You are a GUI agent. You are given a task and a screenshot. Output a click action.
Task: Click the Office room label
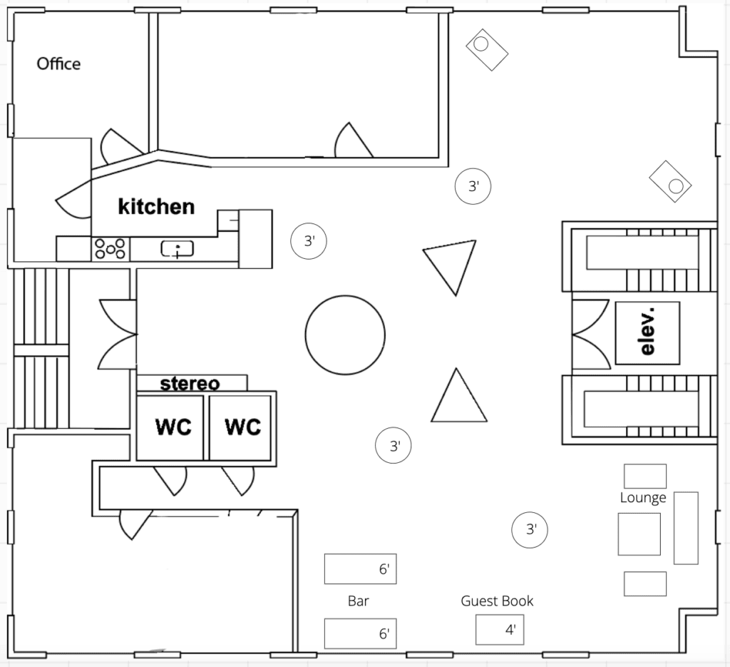point(58,63)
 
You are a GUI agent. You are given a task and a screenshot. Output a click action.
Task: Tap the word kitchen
point(156,207)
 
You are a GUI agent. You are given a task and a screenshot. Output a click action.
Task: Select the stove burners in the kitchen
point(110,248)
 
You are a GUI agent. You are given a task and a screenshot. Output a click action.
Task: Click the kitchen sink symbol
point(177,249)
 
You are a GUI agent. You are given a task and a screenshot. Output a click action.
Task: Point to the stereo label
point(190,384)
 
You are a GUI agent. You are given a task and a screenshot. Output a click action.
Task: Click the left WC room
point(170,427)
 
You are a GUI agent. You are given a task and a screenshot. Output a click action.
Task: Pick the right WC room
point(240,427)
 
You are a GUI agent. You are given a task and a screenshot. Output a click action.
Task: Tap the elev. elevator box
point(647,332)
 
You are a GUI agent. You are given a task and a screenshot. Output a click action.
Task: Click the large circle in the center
point(345,335)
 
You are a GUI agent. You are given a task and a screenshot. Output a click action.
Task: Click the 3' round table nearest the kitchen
point(309,241)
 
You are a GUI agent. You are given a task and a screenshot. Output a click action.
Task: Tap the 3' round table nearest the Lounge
point(530,529)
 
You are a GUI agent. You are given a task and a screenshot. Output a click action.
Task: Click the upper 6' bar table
point(360,569)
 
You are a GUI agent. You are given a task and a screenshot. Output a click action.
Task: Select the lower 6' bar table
point(360,633)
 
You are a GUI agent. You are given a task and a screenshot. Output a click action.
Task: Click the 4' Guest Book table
point(500,630)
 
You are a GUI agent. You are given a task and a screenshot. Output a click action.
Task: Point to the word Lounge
point(643,498)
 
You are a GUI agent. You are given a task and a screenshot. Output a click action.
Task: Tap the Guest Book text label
point(497,601)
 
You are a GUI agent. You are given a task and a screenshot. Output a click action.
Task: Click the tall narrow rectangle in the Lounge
point(687,528)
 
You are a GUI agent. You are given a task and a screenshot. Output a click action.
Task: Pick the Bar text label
point(358,601)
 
